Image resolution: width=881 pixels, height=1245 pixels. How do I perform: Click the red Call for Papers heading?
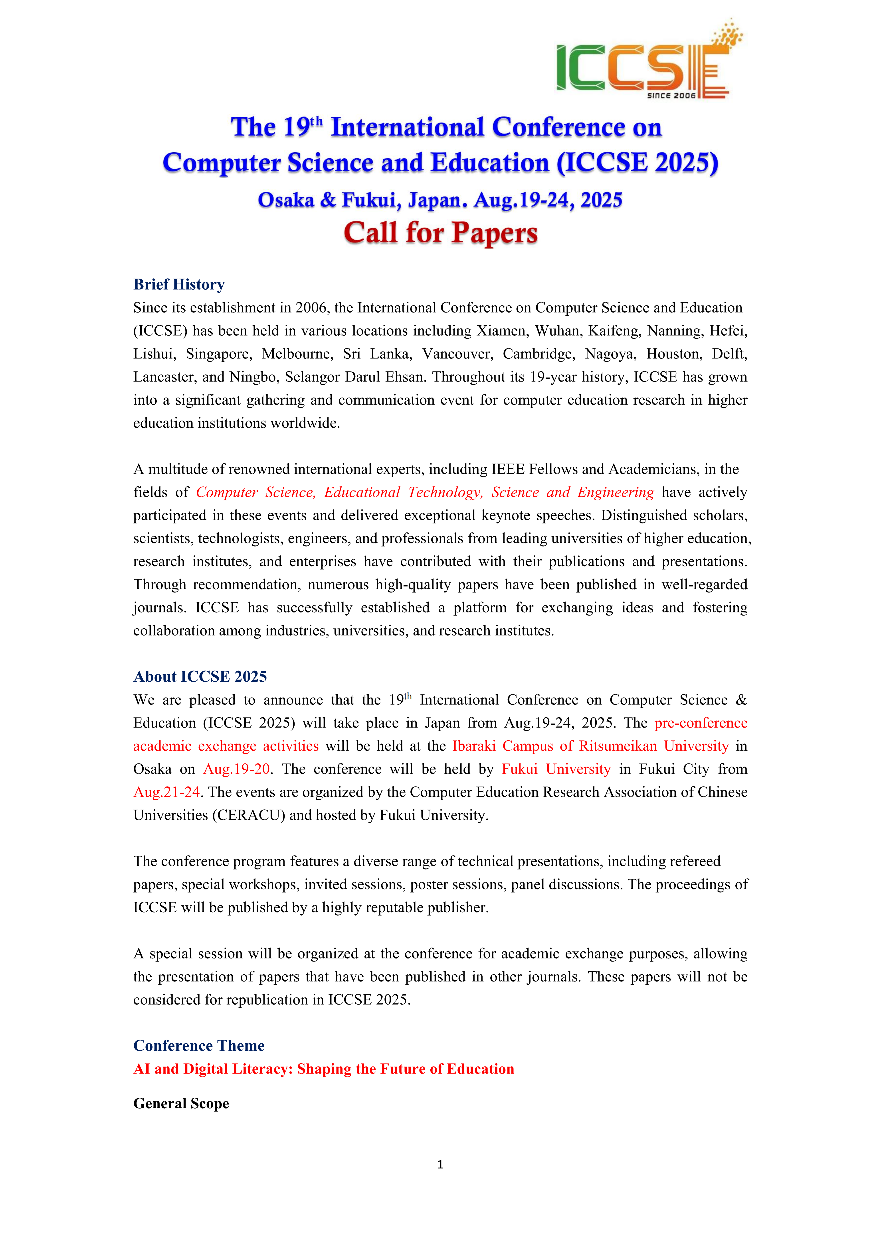pos(440,233)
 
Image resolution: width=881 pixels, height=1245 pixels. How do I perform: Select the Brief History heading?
pos(179,285)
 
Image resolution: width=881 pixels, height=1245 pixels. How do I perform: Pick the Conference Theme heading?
pos(199,1045)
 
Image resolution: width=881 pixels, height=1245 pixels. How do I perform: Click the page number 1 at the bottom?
pos(440,1164)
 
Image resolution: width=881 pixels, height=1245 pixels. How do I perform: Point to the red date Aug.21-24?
pos(166,792)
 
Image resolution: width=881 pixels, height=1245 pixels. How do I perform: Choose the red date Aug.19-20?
pos(237,769)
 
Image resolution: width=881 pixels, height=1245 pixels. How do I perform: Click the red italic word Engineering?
pos(616,492)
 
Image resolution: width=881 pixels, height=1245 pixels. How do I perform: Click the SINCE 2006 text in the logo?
pos(671,95)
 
